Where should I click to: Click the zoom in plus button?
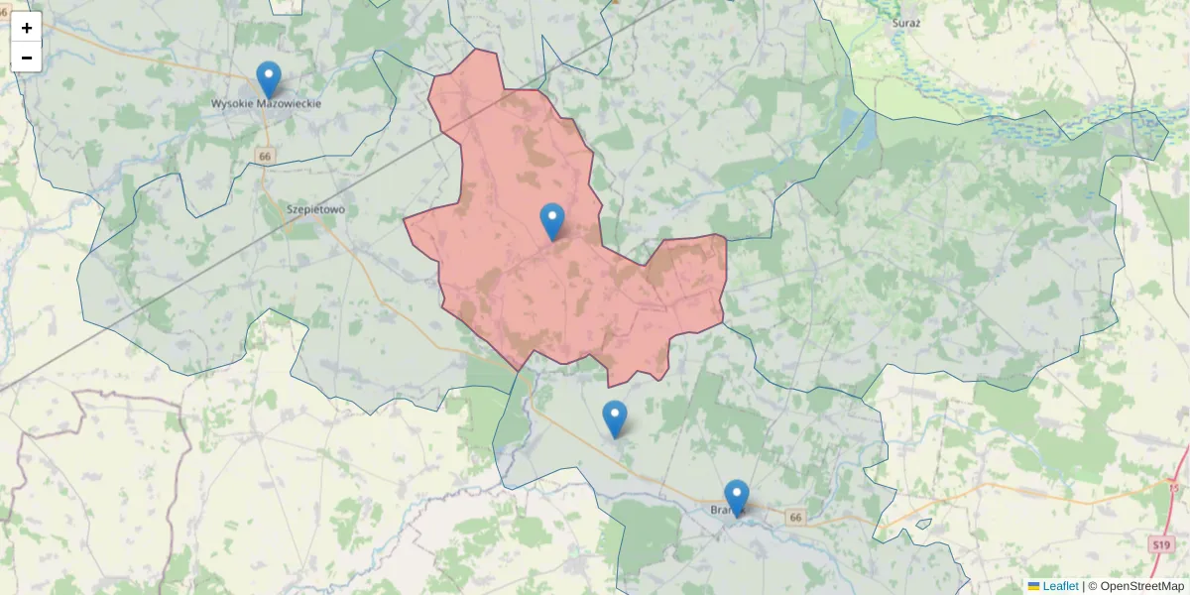27,28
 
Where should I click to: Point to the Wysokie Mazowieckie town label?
266,103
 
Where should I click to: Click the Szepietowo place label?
315,209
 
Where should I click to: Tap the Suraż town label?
907,20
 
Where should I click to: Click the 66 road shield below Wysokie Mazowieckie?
264,157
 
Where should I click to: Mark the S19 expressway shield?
1162,544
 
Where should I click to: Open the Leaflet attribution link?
1059,586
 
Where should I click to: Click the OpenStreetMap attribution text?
1140,586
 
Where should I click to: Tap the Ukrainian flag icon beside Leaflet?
1033,586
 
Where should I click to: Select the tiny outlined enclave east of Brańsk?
923,524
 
